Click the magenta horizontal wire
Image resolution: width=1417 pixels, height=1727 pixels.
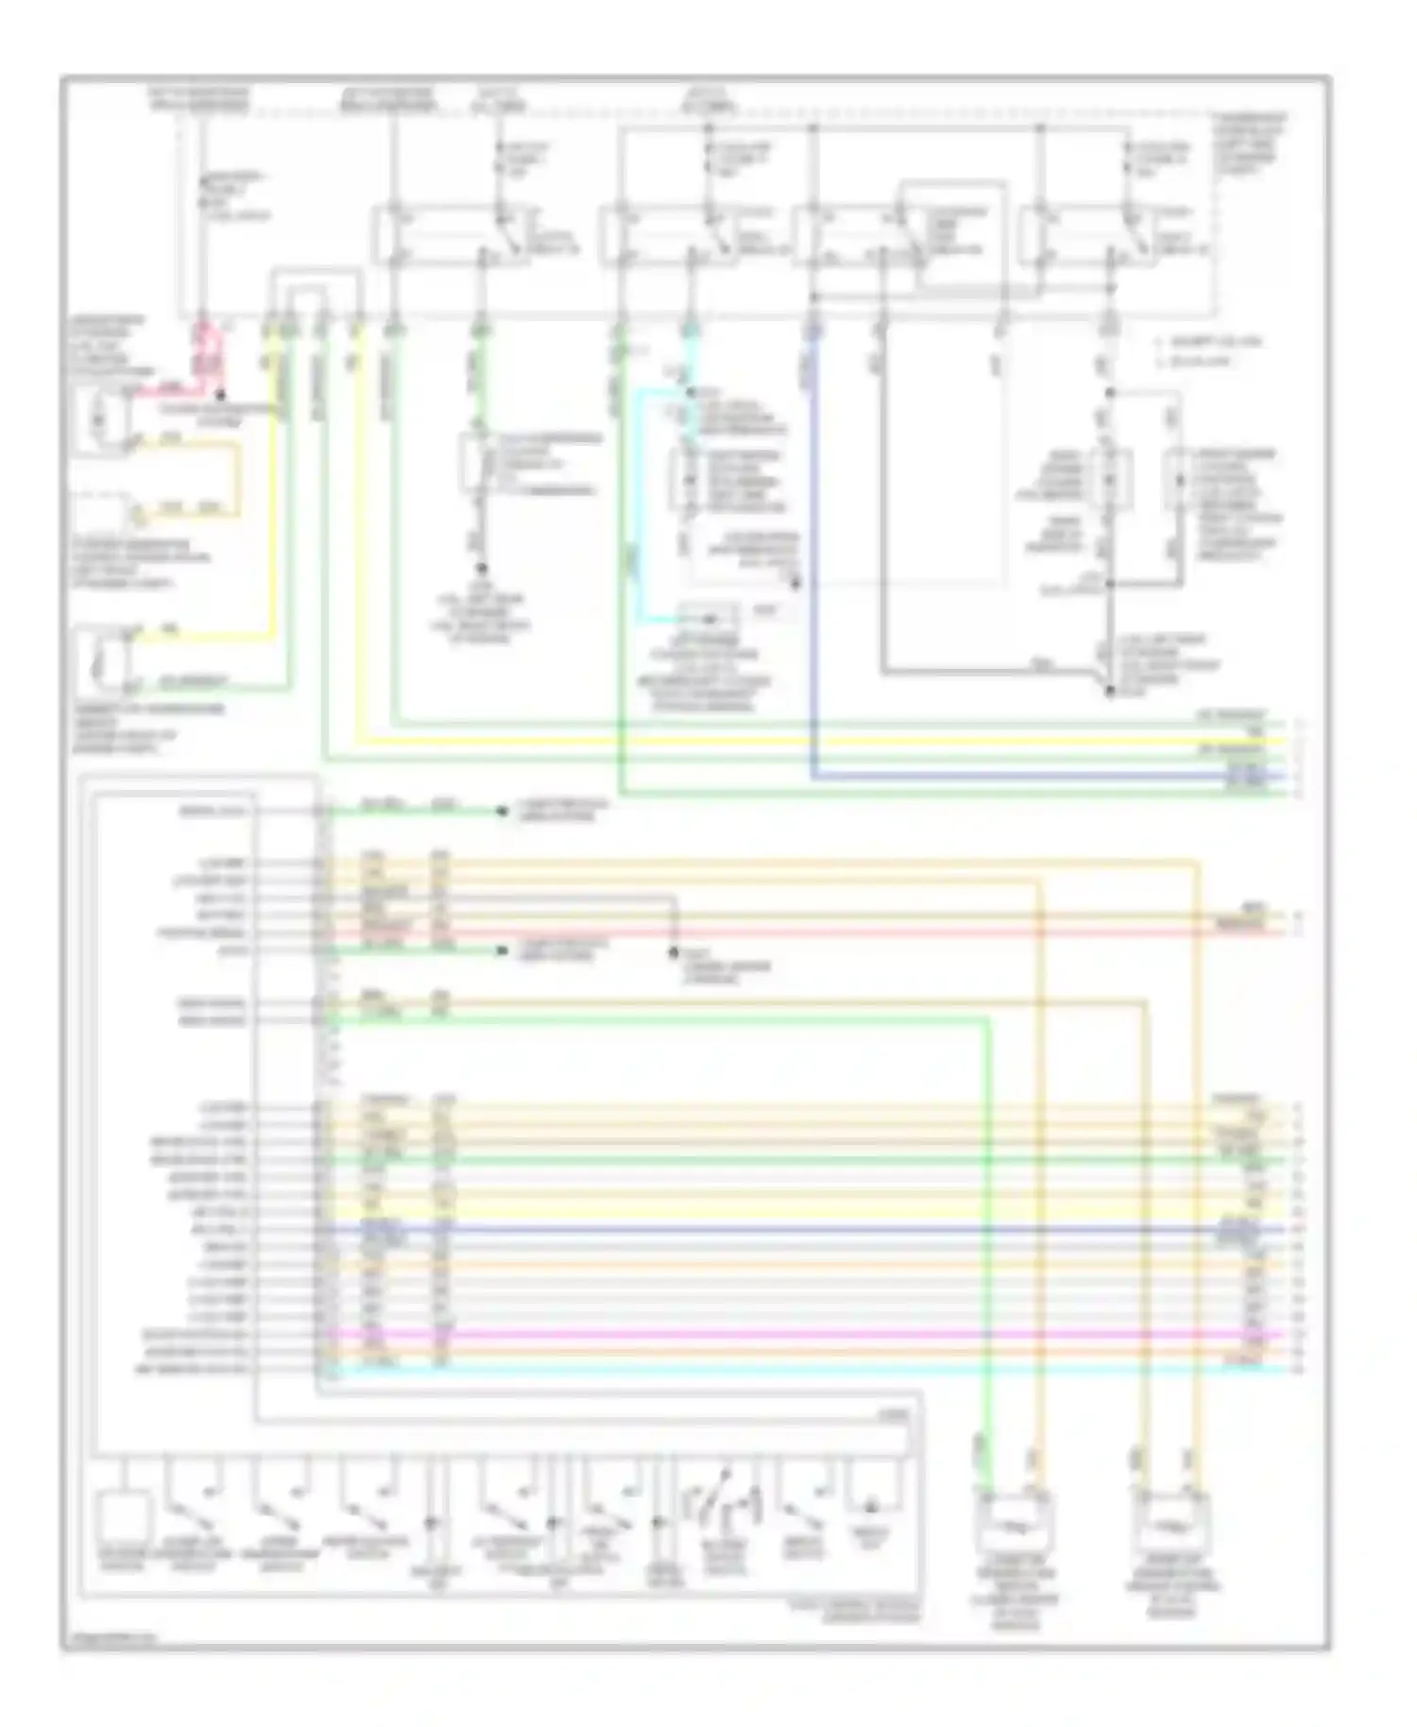click(x=803, y=1335)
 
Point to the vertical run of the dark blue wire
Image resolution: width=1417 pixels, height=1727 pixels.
click(x=813, y=567)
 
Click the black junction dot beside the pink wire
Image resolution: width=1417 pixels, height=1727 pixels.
click(x=219, y=393)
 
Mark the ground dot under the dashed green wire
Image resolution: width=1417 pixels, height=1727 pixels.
click(x=480, y=568)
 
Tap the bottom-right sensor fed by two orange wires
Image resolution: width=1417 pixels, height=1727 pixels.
click(x=1172, y=1521)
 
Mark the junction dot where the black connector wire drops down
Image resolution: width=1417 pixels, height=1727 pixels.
click(x=674, y=952)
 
